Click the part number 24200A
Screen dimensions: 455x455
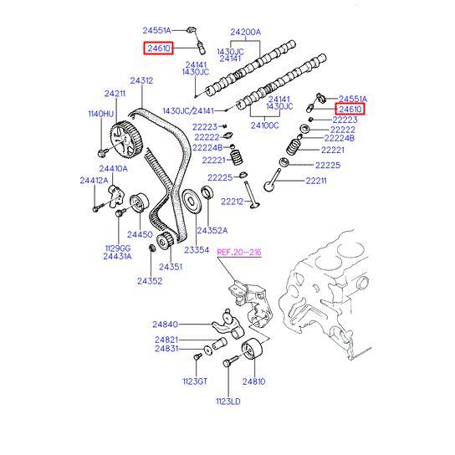pyautogui.click(x=245, y=32)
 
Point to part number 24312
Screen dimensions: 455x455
pyautogui.click(x=141, y=81)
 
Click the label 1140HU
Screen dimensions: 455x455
pyautogui.click(x=100, y=114)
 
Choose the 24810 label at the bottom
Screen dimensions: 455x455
pyautogui.click(x=253, y=381)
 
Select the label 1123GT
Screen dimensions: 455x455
pyautogui.click(x=194, y=381)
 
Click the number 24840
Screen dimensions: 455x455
pyautogui.click(x=166, y=325)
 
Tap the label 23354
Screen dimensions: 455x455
pyautogui.click(x=197, y=250)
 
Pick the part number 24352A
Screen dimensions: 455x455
pyautogui.click(x=212, y=230)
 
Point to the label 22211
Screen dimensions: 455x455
pyautogui.click(x=316, y=180)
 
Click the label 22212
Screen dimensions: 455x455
pyautogui.click(x=232, y=202)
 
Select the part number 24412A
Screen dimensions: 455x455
pyautogui.click(x=94, y=180)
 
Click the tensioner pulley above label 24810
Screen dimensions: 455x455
pyautogui.click(x=250, y=351)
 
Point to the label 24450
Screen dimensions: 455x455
pyautogui.click(x=139, y=235)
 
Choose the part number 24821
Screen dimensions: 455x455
pyautogui.click(x=166, y=340)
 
